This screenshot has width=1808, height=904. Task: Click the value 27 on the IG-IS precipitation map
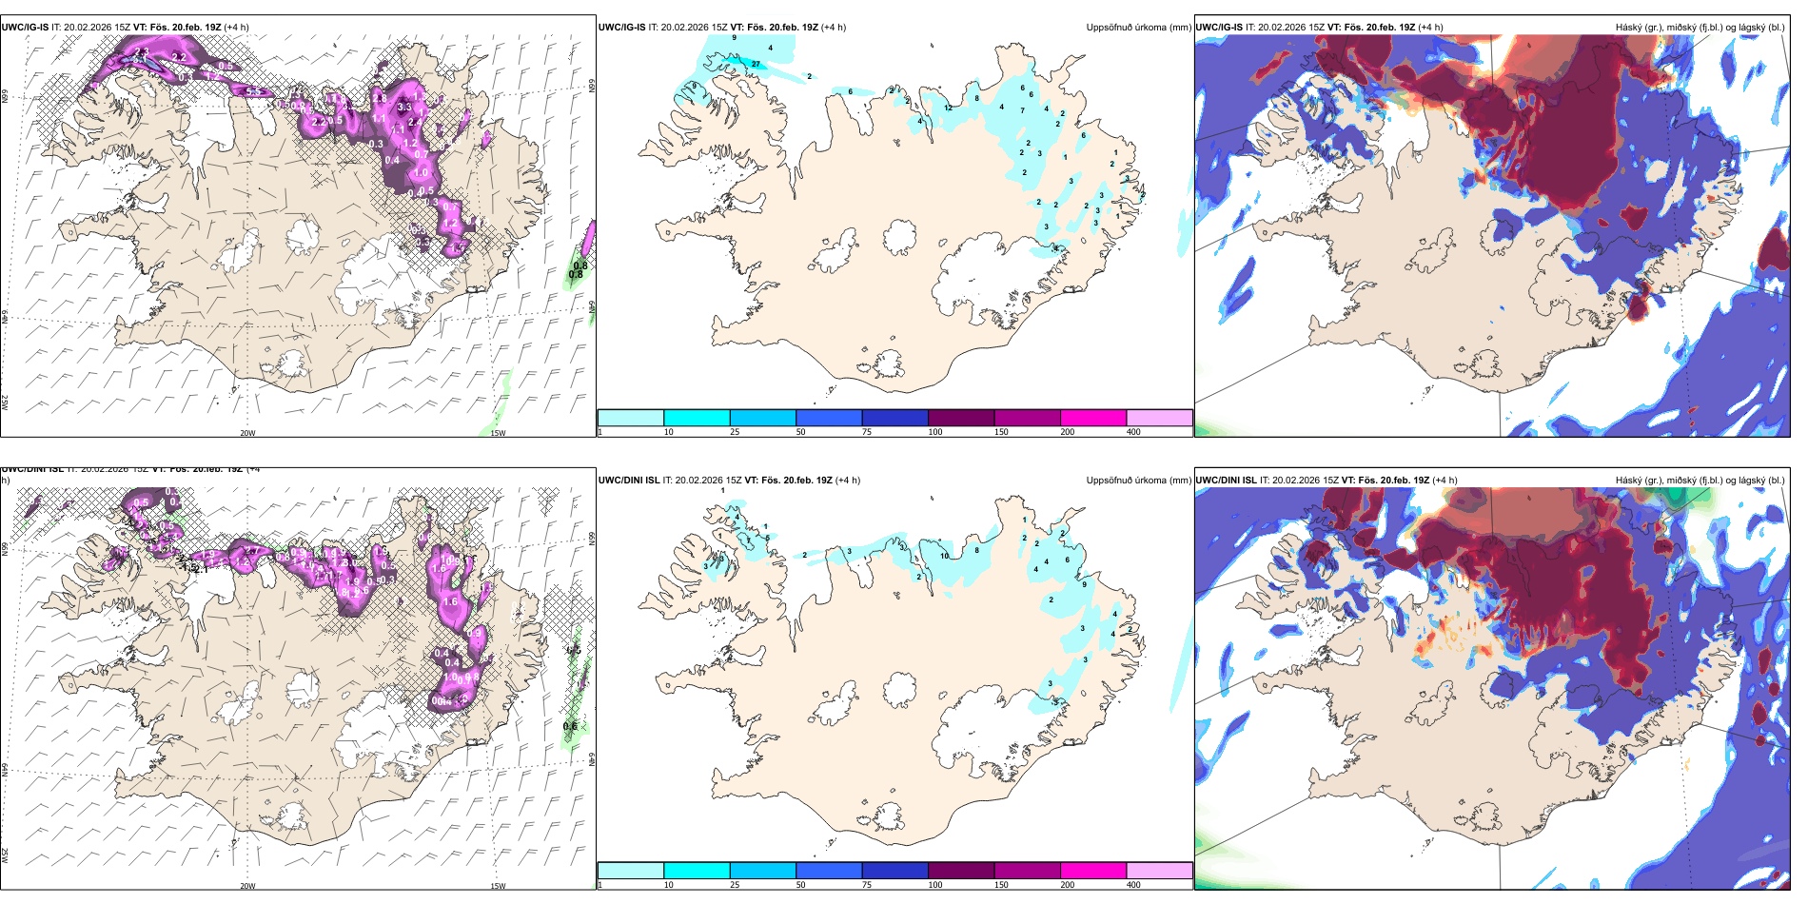[756, 64]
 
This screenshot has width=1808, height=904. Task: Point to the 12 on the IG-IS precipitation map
[948, 108]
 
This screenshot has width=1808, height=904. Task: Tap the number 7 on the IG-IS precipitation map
[1022, 110]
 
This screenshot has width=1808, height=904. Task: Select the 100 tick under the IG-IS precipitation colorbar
[935, 432]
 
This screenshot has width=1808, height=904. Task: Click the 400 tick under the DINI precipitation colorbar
[1133, 885]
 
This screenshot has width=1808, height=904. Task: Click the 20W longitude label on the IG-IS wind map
[247, 433]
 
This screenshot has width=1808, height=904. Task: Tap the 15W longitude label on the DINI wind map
[498, 886]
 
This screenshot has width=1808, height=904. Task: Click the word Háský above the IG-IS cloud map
[1631, 27]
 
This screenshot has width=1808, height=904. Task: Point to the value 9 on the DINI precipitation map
[1084, 584]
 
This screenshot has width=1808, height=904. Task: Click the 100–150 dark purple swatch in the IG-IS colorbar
[960, 418]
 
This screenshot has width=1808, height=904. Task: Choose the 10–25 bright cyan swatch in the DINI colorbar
[696, 871]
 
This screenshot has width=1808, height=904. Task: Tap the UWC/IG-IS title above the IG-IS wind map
[26, 27]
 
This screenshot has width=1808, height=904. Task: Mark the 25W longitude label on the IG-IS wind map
[5, 402]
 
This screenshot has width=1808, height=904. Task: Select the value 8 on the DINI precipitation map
[976, 550]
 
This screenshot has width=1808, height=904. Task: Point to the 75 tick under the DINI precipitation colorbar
[866, 885]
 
